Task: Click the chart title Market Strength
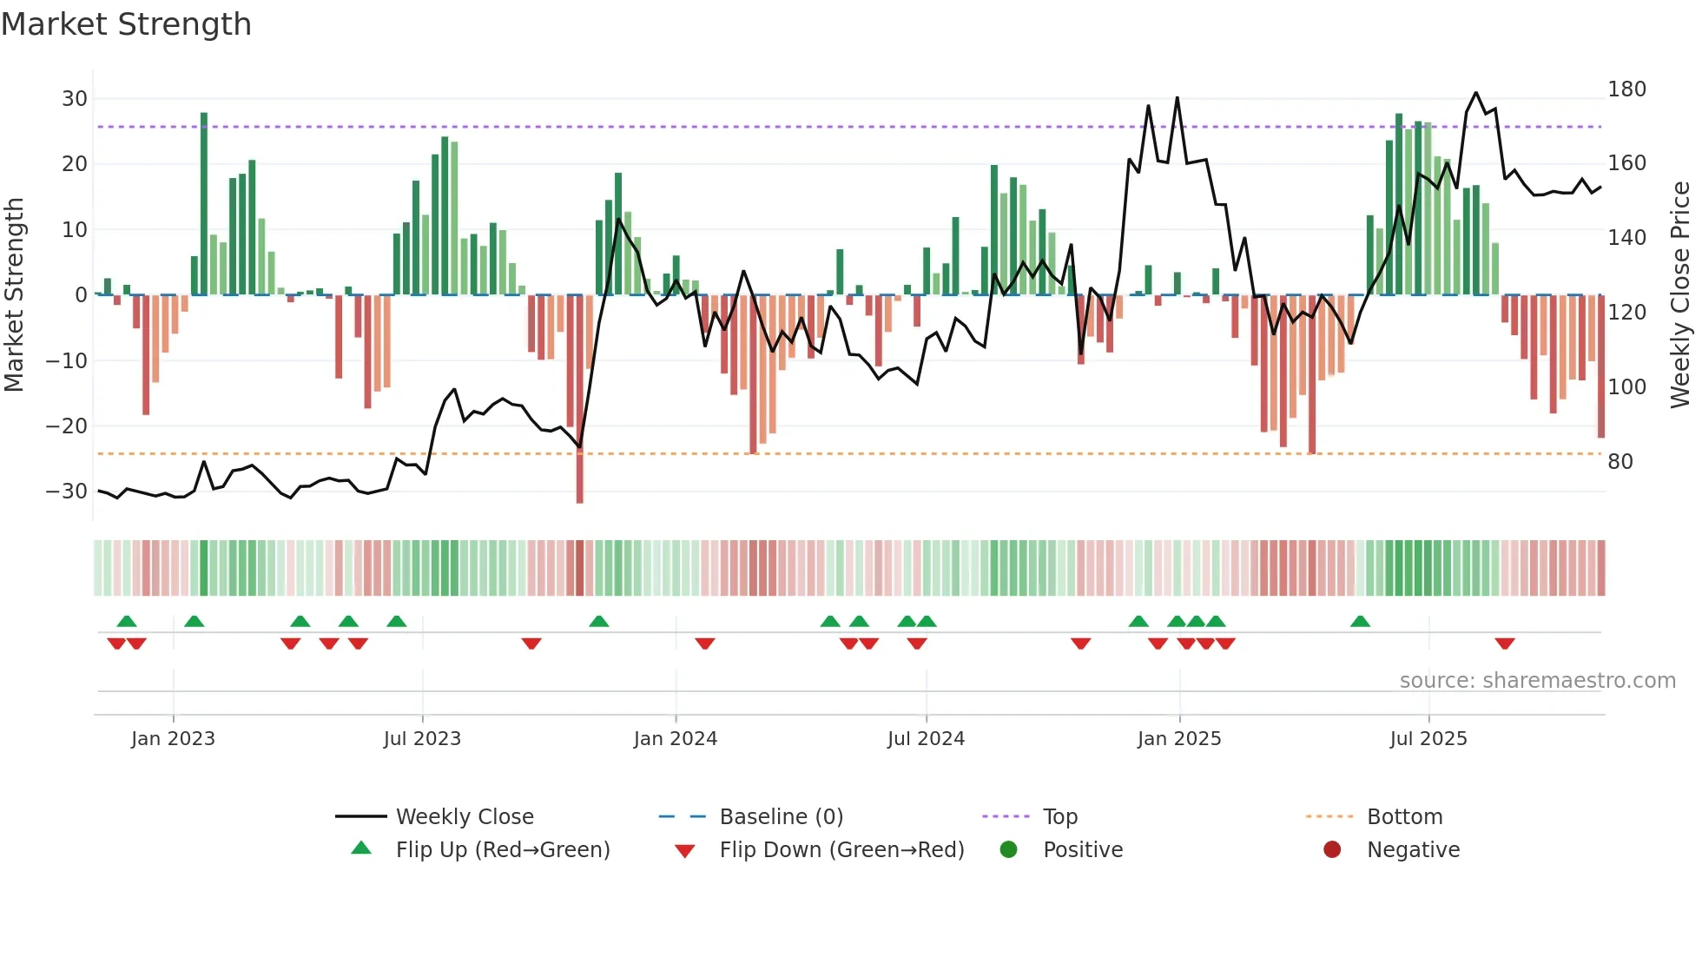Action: point(126,24)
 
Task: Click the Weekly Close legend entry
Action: point(464,816)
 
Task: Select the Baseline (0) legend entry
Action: point(781,816)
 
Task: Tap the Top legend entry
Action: point(1059,816)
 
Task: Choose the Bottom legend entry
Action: point(1403,816)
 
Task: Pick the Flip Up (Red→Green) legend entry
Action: point(502,849)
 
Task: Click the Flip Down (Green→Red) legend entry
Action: point(841,849)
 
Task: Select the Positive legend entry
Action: point(1082,849)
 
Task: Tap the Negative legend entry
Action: point(1412,849)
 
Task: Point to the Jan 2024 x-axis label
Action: point(675,739)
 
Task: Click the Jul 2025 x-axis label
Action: point(1428,739)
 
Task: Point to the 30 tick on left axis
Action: point(75,99)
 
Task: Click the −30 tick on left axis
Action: point(68,492)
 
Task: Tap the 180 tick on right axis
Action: point(1626,89)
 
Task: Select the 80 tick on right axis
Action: point(1620,462)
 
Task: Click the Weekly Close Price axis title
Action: point(1680,295)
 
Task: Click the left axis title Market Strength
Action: point(14,295)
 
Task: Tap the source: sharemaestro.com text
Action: point(1537,681)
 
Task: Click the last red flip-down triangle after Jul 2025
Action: point(1505,643)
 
